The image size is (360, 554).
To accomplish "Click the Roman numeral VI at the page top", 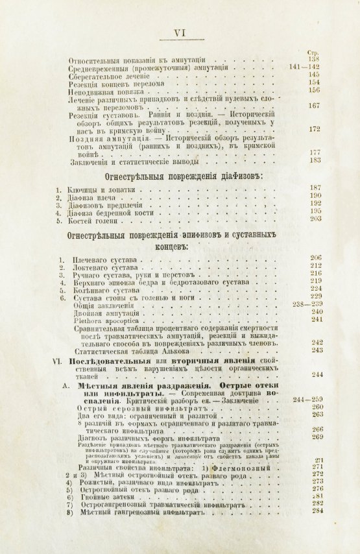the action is click(180, 30).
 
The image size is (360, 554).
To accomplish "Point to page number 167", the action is click(315, 106).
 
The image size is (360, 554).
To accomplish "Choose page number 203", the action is click(315, 219).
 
